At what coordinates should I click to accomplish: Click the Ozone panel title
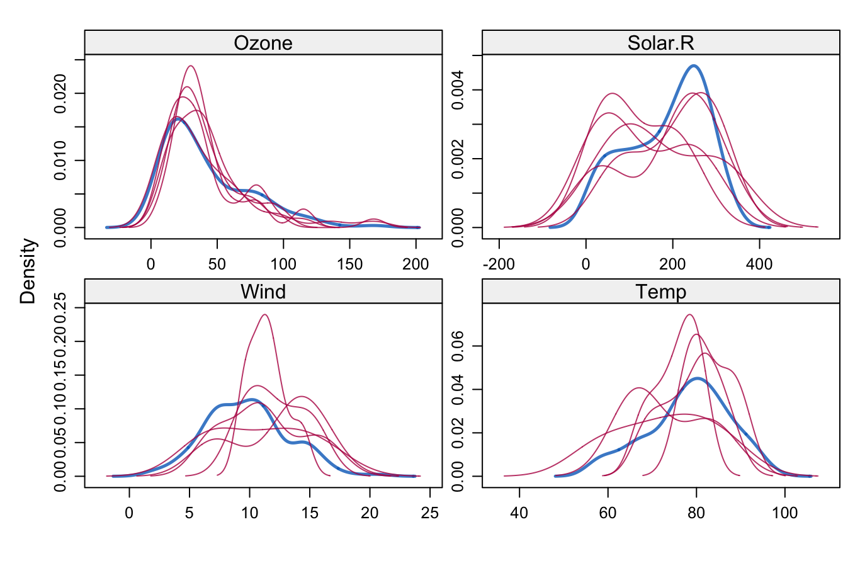point(263,43)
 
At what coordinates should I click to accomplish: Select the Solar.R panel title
point(660,43)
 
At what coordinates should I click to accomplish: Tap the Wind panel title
point(263,292)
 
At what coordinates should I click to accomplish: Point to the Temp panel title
point(660,292)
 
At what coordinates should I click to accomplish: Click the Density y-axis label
point(28,271)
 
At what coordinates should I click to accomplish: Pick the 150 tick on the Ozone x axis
point(349,264)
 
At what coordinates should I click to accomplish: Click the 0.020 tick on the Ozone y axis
point(60,93)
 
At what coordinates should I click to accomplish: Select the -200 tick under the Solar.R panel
point(499,264)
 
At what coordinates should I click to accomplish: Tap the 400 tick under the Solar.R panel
point(759,264)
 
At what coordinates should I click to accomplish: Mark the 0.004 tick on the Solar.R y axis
point(458,90)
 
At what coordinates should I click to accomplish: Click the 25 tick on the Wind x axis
point(430,513)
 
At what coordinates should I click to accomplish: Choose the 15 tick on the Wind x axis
point(310,513)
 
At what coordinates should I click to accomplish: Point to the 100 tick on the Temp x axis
point(784,513)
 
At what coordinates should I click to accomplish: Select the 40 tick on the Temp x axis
point(519,513)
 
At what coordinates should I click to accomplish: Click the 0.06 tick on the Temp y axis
point(458,346)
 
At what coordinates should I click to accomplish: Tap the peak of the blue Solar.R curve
point(694,65)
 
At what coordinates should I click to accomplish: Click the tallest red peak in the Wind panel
point(264,314)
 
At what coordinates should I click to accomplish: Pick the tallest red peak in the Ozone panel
point(190,65)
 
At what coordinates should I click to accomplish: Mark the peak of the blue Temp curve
point(697,378)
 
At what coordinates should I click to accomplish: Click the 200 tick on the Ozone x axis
point(416,264)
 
